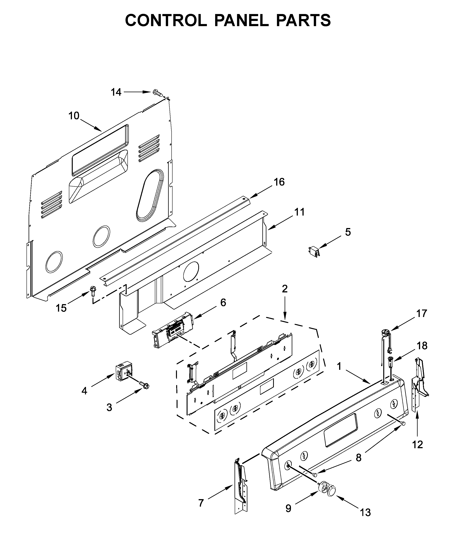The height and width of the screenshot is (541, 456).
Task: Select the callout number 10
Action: coord(74,116)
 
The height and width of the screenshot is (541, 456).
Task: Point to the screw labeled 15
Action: coord(92,292)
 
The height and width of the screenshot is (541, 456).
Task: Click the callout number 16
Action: coord(279,182)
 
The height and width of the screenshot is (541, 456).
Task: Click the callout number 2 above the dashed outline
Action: coord(285,289)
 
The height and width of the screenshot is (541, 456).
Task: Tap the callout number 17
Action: coord(422,313)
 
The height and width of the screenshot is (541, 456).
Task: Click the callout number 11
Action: coord(300,212)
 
